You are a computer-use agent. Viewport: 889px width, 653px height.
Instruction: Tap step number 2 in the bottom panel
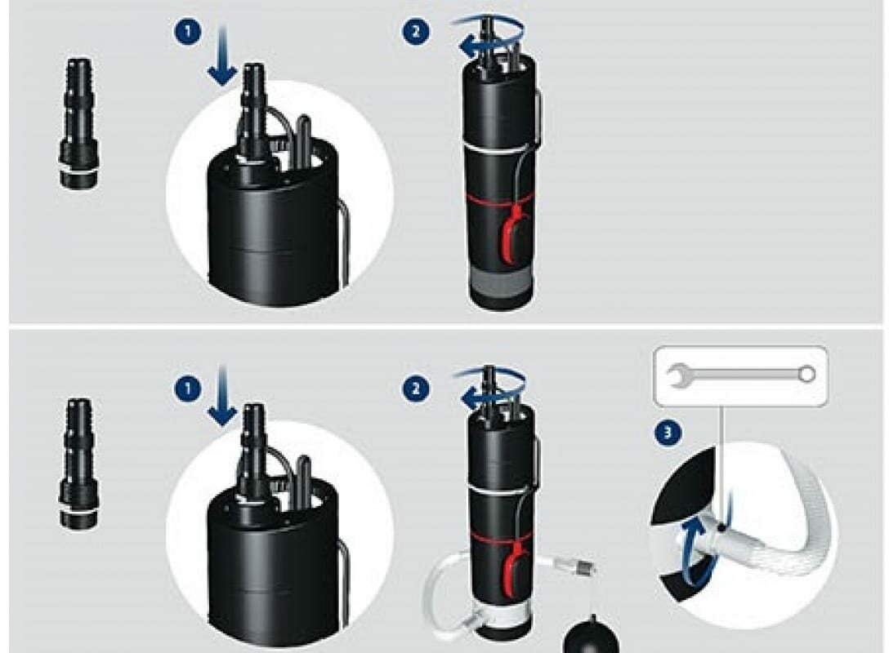tap(416, 389)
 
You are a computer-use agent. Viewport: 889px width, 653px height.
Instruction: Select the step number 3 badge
tap(668, 433)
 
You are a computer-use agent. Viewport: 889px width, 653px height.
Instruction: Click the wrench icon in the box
tap(741, 375)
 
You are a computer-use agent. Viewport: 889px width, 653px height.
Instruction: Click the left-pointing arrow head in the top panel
tap(467, 48)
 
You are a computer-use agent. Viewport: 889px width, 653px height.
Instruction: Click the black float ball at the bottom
tap(590, 634)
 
